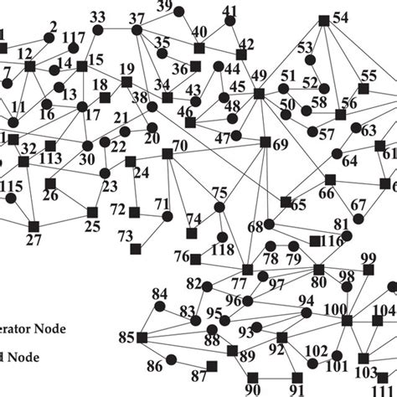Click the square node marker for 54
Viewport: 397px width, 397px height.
323,20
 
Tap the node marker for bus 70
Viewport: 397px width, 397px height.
167,153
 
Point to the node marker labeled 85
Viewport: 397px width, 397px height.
142,338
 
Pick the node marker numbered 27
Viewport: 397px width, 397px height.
34,225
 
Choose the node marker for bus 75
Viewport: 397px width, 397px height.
219,207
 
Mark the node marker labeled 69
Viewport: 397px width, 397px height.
265,142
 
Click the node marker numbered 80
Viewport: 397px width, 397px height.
318,269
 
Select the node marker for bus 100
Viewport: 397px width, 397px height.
348,321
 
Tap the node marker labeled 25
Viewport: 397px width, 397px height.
91,213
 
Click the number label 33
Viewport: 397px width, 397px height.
98,17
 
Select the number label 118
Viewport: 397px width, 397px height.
222,250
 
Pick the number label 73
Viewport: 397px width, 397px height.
125,236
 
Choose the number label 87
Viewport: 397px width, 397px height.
198,374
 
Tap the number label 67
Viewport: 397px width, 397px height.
358,204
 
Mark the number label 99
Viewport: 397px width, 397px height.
369,257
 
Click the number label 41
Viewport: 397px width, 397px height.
230,10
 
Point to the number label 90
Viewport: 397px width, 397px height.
253,389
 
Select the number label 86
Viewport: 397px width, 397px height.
154,365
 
